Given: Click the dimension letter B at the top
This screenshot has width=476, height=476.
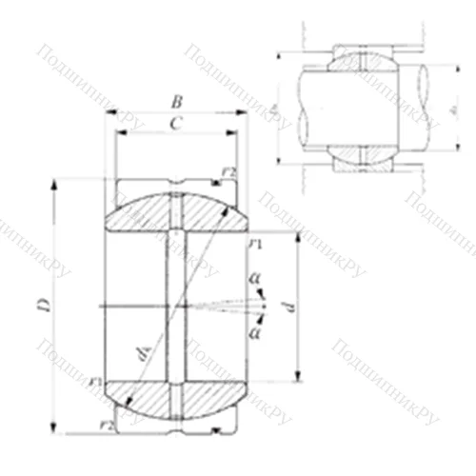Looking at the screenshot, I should (175, 100).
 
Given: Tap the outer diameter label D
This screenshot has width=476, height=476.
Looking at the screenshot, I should (42, 305).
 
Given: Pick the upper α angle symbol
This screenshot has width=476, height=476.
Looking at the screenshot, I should (253, 279).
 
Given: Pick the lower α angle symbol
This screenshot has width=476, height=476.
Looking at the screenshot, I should (253, 332).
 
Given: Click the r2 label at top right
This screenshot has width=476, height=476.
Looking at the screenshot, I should (228, 172).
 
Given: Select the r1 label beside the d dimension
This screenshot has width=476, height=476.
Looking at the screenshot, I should (254, 247).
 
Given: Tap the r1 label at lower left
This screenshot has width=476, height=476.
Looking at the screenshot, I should (95, 384).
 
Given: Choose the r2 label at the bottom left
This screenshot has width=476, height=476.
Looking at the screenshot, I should (107, 424).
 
